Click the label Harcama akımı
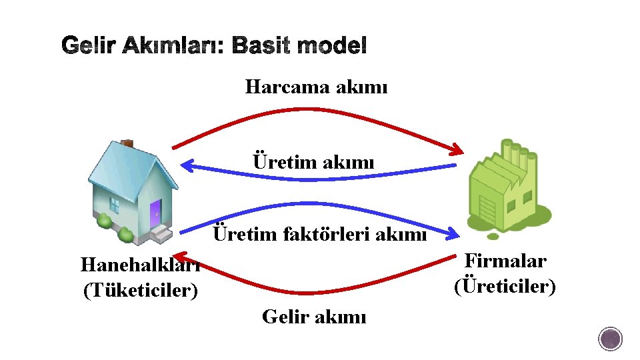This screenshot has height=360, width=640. [316, 87]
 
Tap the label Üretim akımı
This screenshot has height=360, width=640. [313, 162]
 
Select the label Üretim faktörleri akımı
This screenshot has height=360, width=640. [319, 235]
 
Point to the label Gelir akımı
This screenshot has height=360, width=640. [313, 316]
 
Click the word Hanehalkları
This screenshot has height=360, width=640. [140, 265]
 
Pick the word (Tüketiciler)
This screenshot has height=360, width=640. [140, 291]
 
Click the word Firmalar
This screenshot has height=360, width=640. [505, 261]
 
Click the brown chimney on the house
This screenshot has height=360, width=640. [127, 143]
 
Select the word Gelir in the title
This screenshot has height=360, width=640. [85, 46]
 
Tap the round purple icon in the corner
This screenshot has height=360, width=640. [610, 339]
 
